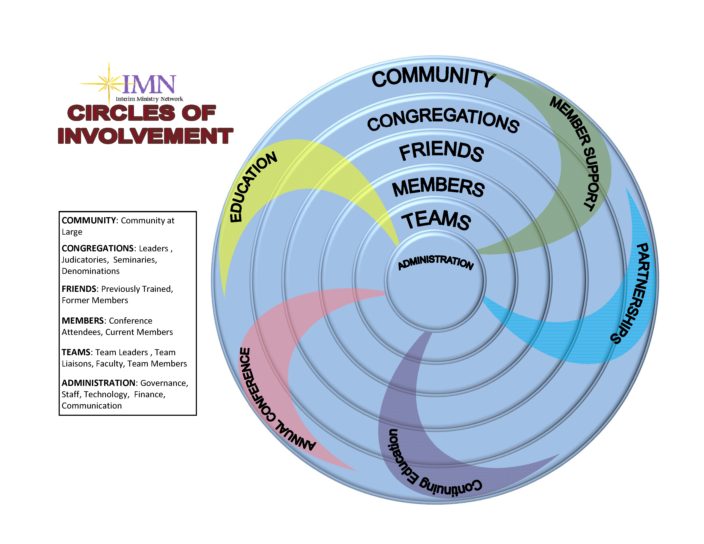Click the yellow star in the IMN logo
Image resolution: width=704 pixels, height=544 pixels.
(x=109, y=83)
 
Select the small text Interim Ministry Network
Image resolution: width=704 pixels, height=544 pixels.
(x=149, y=99)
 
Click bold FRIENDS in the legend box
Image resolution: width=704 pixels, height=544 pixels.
(x=79, y=289)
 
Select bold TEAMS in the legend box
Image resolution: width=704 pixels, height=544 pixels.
(x=76, y=352)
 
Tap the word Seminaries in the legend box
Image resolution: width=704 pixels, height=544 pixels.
(x=135, y=260)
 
